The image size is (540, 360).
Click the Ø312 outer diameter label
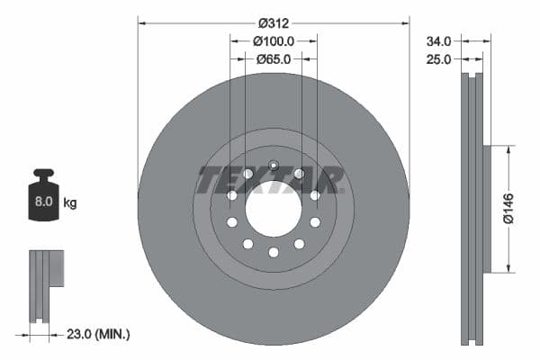(x=274, y=22)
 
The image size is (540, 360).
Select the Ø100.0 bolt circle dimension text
(x=274, y=40)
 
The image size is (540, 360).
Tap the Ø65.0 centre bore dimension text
(x=274, y=58)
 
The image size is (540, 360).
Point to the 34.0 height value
(x=439, y=40)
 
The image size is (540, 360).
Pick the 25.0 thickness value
(x=439, y=58)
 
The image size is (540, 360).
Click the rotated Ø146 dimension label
(x=508, y=208)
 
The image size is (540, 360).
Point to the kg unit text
(x=70, y=203)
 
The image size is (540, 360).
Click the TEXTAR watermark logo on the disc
(x=270, y=180)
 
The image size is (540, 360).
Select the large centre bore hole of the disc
(x=273, y=210)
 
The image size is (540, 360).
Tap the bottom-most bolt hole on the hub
(x=273, y=252)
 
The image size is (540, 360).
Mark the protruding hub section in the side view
(x=487, y=209)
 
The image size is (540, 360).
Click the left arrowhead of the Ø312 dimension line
(x=141, y=22)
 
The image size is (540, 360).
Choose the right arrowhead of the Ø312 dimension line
(x=406, y=22)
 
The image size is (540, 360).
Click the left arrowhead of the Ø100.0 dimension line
(x=234, y=40)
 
